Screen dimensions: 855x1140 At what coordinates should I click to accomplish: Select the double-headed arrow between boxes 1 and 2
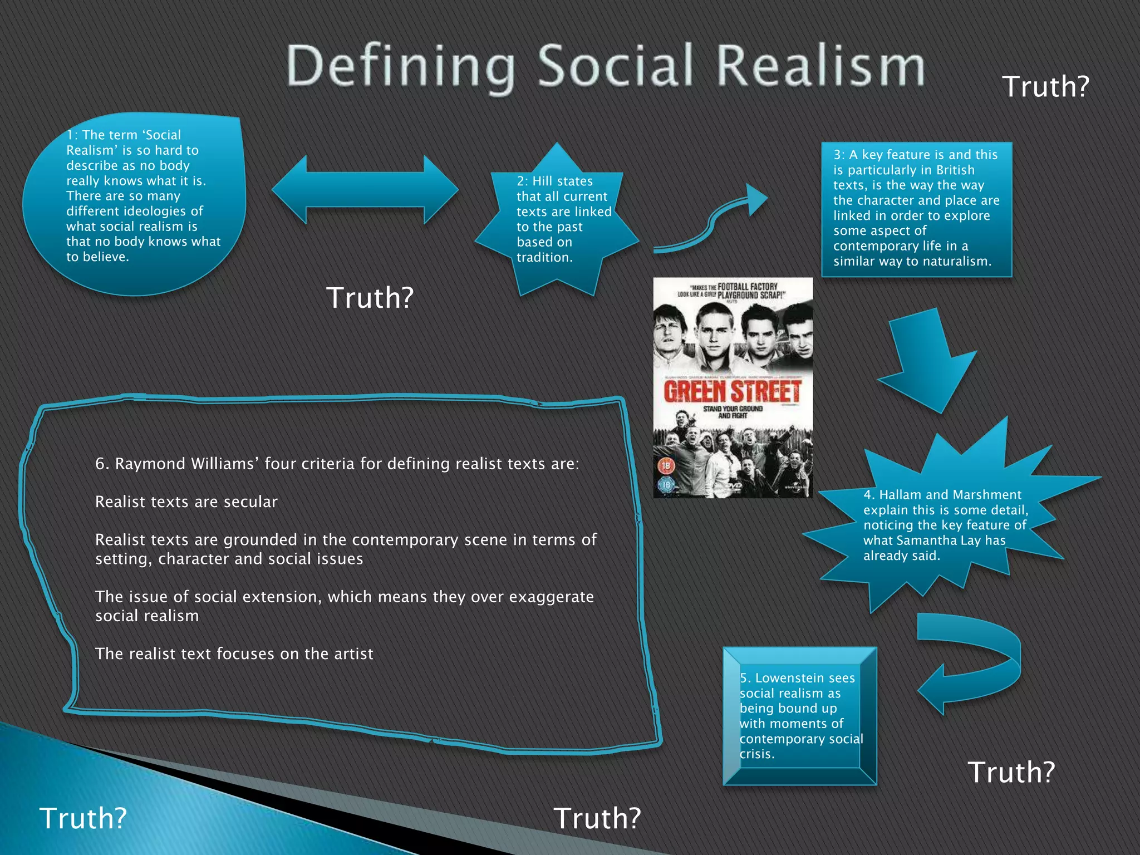(x=365, y=189)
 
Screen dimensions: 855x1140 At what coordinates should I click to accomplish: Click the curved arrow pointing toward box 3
(x=712, y=223)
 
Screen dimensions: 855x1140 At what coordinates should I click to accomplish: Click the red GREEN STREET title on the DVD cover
(x=733, y=391)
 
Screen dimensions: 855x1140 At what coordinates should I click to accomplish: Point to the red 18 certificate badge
(x=666, y=465)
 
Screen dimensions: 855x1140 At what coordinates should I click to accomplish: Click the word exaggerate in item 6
(x=551, y=597)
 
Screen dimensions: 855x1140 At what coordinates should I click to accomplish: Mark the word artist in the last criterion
(x=353, y=654)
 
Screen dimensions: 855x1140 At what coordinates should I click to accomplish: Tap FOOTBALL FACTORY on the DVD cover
(x=747, y=287)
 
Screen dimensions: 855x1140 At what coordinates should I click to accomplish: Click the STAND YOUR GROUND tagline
(x=733, y=409)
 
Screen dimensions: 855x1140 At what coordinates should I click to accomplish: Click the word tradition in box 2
(x=544, y=258)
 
